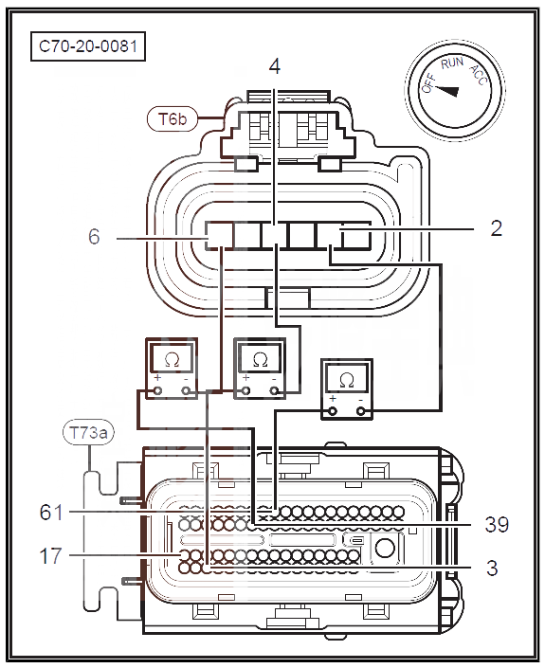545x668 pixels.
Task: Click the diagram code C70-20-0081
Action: tap(88, 46)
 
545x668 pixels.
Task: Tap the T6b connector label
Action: tap(173, 118)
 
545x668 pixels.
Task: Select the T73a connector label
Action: tap(88, 433)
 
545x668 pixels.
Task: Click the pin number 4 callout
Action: tap(275, 66)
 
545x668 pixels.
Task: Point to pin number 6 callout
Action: tap(94, 237)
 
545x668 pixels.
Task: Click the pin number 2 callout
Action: tap(496, 228)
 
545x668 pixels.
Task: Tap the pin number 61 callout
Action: tap(51, 512)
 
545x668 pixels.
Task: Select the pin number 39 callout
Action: tap(497, 524)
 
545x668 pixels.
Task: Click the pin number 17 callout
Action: tap(50, 556)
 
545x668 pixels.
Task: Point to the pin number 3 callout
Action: tap(492, 568)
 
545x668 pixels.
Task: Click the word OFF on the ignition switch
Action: tap(428, 83)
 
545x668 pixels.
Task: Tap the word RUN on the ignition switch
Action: tap(452, 63)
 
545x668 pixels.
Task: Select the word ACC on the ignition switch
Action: tap(478, 76)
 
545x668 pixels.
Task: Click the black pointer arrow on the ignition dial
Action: tap(447, 91)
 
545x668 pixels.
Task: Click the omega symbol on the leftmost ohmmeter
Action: tap(172, 360)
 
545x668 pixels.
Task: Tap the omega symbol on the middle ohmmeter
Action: tap(260, 360)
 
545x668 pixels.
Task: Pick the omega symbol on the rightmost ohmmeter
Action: tap(347, 381)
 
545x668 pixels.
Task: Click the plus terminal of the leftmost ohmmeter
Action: tap(157, 390)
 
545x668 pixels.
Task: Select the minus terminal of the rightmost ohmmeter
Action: tap(361, 411)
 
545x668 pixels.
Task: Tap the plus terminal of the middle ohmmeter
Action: tap(245, 390)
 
